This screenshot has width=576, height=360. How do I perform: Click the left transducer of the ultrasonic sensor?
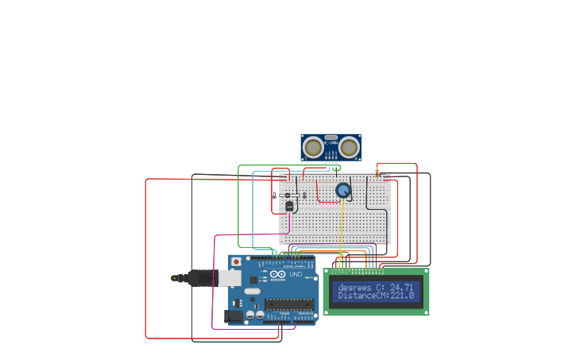(314, 147)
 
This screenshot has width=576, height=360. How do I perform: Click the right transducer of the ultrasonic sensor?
(349, 147)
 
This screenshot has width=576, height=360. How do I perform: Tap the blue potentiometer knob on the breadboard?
(343, 190)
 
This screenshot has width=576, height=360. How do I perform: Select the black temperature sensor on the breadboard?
(288, 206)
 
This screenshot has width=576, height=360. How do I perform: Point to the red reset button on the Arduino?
(235, 261)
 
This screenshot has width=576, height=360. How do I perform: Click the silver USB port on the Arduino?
(230, 278)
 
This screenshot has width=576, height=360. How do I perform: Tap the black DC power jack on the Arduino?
(234, 315)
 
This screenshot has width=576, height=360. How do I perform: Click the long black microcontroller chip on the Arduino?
(288, 303)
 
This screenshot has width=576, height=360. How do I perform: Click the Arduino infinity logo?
(274, 274)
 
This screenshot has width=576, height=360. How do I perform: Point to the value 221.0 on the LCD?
(402, 296)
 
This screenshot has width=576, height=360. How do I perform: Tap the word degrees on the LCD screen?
(354, 287)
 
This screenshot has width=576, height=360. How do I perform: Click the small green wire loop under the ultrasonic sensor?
(336, 168)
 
